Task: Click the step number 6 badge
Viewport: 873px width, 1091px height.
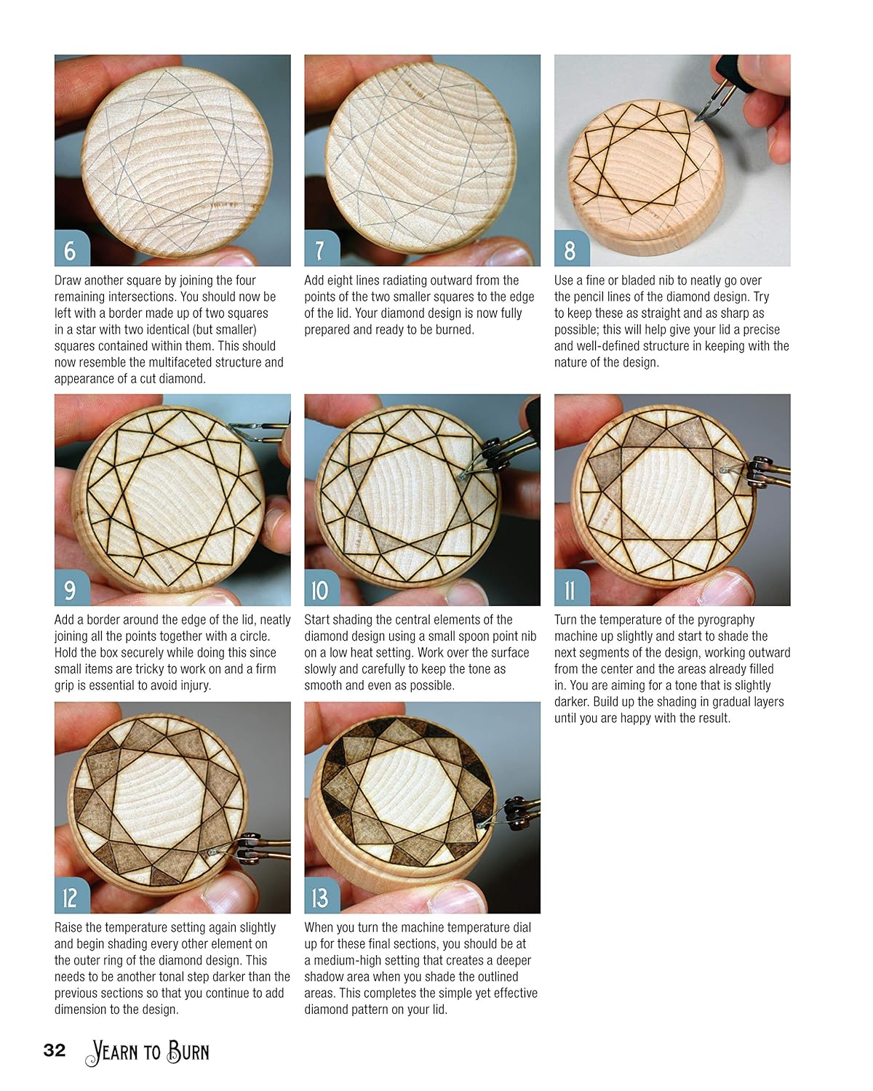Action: point(71,249)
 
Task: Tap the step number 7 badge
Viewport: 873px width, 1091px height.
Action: point(320,249)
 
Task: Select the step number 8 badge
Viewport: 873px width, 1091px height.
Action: point(570,249)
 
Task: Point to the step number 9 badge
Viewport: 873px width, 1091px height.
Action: point(71,589)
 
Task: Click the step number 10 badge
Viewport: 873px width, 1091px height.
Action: point(320,589)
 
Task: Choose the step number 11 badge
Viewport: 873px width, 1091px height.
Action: point(570,589)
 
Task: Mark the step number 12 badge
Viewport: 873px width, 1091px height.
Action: point(71,897)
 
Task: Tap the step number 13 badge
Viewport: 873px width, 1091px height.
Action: point(320,897)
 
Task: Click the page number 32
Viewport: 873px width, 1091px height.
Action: point(55,1050)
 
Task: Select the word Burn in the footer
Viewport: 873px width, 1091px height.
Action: point(188,1052)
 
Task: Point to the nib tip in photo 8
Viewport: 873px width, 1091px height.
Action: point(697,119)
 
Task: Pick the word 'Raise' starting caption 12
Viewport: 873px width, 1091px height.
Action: point(70,928)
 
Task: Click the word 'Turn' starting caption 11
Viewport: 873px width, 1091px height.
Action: point(567,620)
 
